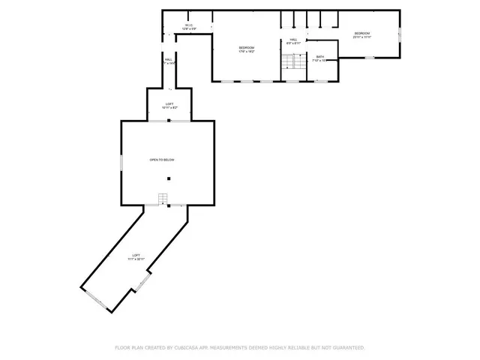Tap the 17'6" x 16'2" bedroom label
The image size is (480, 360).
(x=247, y=49)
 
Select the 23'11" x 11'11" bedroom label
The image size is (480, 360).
(x=362, y=35)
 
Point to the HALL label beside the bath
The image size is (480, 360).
(x=294, y=41)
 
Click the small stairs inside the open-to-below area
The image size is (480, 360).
(x=163, y=199)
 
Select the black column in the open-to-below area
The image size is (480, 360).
(x=169, y=178)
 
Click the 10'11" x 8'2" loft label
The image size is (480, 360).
(x=169, y=106)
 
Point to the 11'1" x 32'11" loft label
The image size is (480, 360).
(x=136, y=257)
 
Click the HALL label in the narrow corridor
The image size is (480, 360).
(x=169, y=61)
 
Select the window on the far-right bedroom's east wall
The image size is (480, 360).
(x=400, y=34)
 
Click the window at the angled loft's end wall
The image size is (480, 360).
(x=94, y=298)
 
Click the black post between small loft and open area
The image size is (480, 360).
(x=169, y=121)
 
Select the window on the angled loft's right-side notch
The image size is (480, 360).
(x=141, y=283)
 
